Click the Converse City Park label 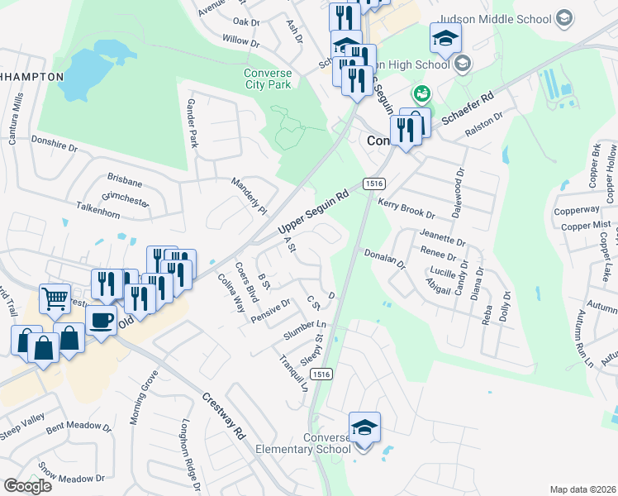click(268, 79)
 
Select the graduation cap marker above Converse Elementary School click(364, 427)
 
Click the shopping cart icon click(55, 298)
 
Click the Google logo click(27, 486)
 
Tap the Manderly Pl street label click(250, 196)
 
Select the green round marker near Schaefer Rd click(421, 94)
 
